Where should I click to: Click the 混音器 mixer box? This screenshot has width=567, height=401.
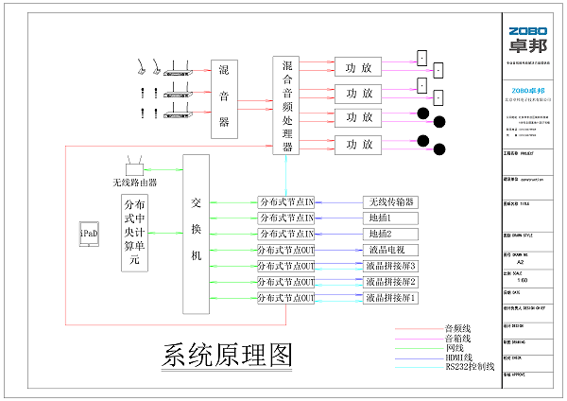click(x=224, y=97)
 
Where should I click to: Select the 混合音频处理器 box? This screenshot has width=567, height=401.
click(x=286, y=105)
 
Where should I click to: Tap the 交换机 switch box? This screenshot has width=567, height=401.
click(x=196, y=234)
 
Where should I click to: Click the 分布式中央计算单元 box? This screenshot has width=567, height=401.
click(x=135, y=234)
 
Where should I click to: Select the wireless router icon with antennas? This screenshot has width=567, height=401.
click(x=133, y=166)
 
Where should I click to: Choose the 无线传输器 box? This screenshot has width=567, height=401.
click(x=391, y=202)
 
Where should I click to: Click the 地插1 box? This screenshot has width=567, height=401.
click(x=391, y=218)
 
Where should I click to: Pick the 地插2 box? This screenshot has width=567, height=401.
click(x=391, y=234)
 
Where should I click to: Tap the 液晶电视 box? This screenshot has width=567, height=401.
click(x=391, y=250)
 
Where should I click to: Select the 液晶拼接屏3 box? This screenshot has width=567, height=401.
click(x=391, y=266)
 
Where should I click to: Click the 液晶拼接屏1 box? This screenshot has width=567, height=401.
click(x=391, y=298)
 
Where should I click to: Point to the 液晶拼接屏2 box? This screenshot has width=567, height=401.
click(x=391, y=282)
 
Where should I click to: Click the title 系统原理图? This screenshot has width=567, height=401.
click(x=227, y=354)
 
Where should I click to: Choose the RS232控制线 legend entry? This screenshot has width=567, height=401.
click(x=469, y=366)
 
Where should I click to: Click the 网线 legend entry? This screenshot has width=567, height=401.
click(x=455, y=347)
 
